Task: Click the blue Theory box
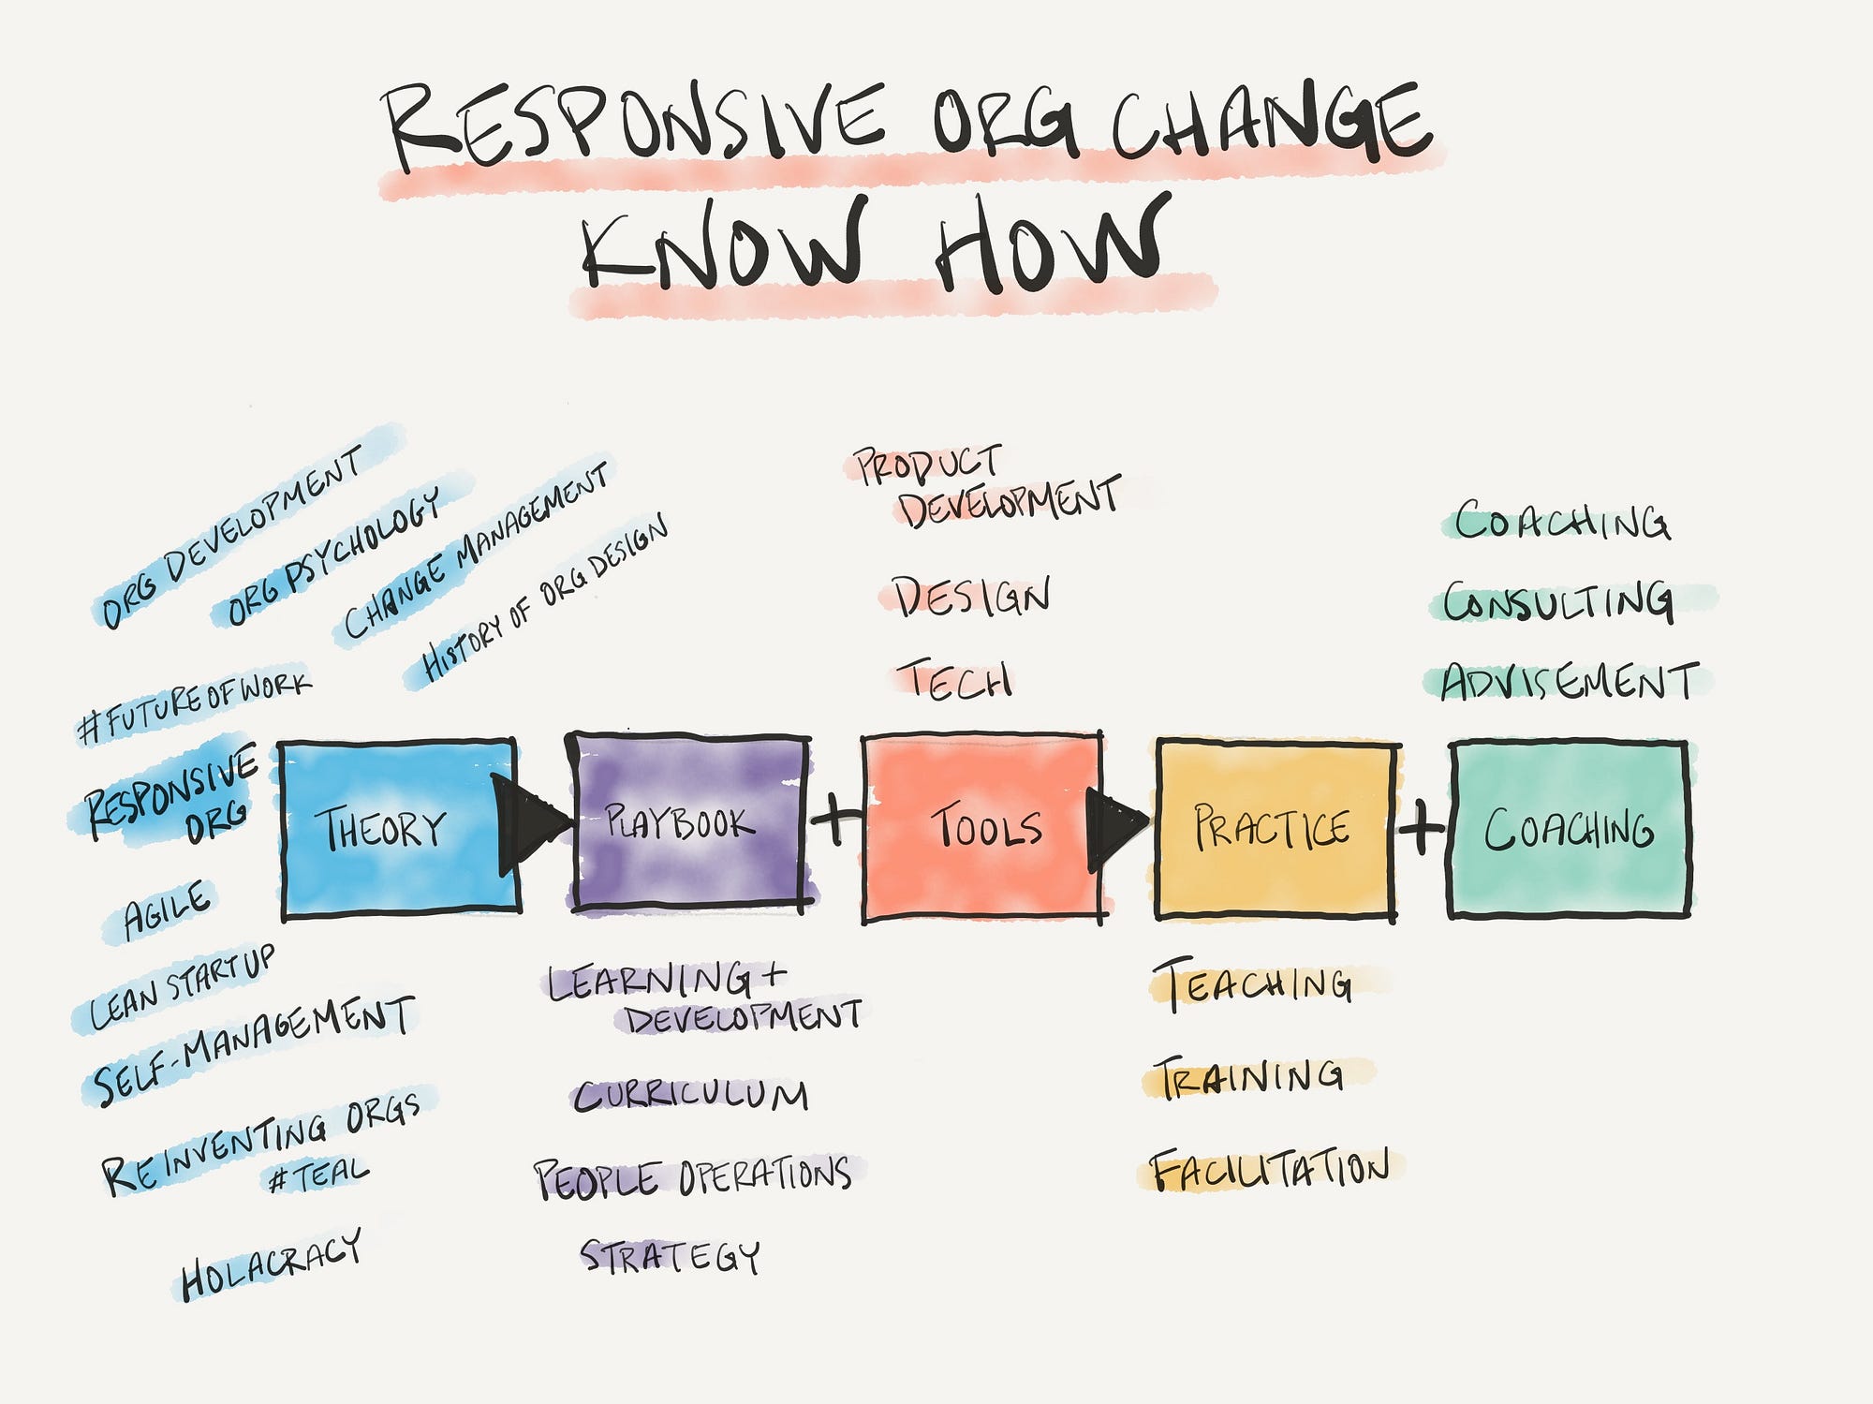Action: click(401, 828)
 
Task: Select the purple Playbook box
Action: click(690, 821)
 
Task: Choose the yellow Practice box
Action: click(1276, 829)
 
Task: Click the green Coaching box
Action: click(1570, 829)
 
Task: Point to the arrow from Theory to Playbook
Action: click(530, 823)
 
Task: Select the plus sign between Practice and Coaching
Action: click(1422, 827)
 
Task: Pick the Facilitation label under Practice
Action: click(1270, 1169)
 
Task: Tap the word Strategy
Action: click(671, 1256)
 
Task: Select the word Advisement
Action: click(1570, 682)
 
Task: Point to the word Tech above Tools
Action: click(953, 680)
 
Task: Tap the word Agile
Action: click(169, 909)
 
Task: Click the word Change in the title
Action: click(1272, 126)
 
